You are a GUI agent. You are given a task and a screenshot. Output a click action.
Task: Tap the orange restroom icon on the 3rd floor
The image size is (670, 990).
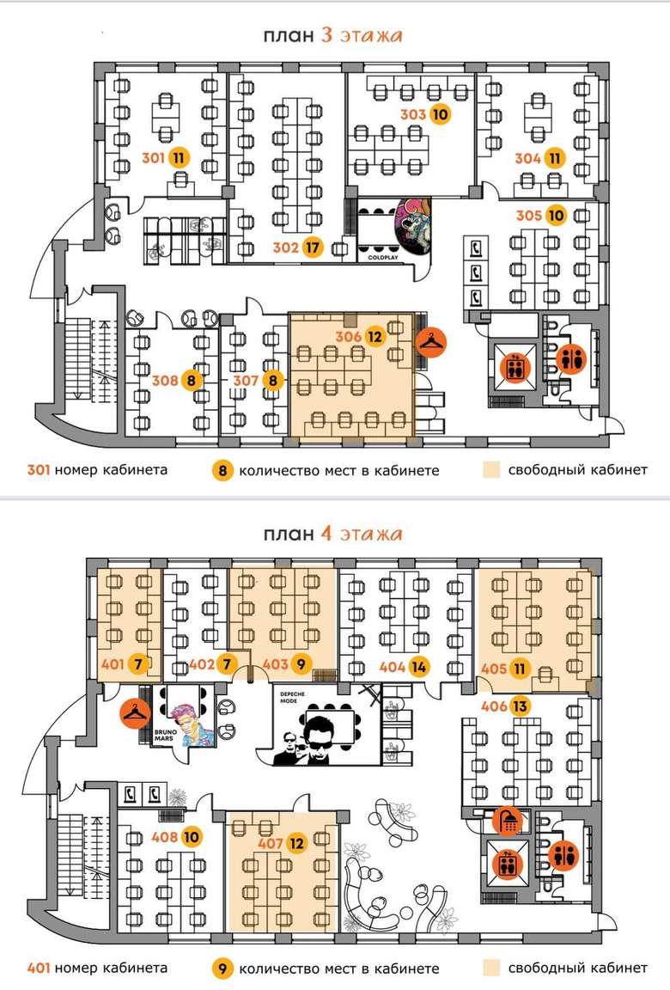tap(569, 358)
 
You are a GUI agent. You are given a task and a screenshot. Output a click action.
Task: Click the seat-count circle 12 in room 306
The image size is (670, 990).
tap(374, 337)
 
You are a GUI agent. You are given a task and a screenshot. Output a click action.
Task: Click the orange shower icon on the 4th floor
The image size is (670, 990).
tap(508, 820)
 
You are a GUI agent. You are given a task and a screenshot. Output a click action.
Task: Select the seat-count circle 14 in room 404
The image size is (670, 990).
tap(418, 665)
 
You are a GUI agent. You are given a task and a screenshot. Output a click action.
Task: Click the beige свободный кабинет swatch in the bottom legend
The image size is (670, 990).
tap(490, 969)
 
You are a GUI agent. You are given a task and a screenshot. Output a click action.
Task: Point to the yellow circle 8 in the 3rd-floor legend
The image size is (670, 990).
tap(221, 471)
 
